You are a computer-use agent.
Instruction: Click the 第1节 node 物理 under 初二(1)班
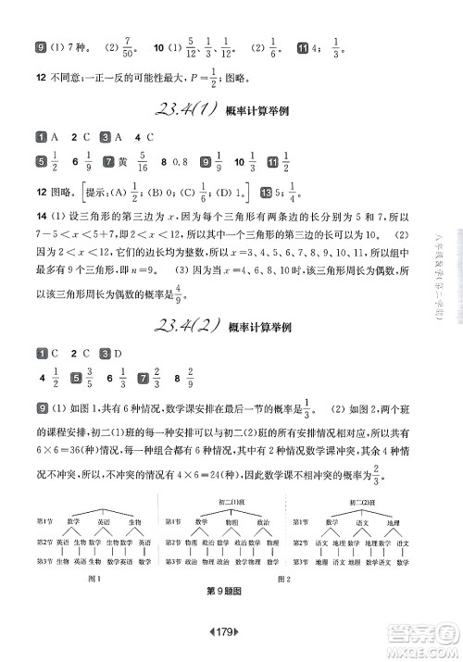click(x=231, y=521)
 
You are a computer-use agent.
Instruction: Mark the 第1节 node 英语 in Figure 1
click(x=93, y=521)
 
